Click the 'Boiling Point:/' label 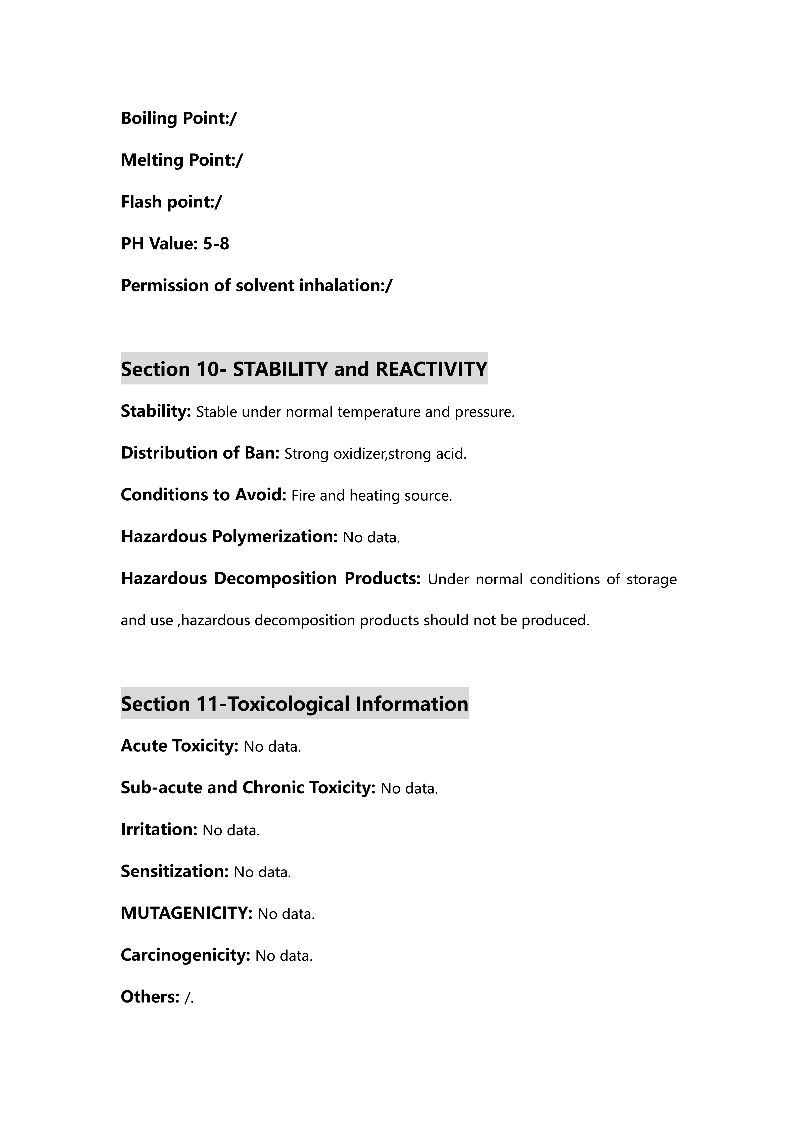[178, 118]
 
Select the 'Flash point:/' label [171, 202]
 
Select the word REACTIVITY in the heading [431, 369]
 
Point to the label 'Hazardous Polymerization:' [229, 537]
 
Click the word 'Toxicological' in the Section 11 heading [289, 704]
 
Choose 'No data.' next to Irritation [231, 831]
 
